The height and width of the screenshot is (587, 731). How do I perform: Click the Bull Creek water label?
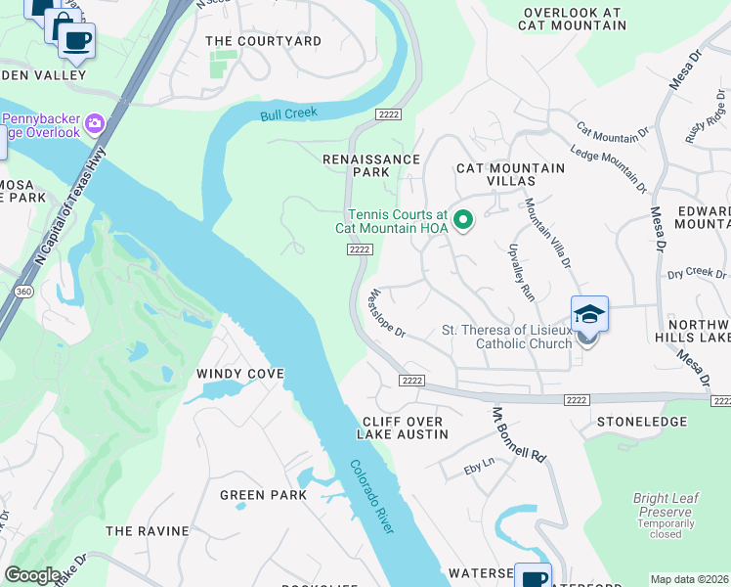pos(289,114)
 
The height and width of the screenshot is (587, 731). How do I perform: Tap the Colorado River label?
pos(371,496)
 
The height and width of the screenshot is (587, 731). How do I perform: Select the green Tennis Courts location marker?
pos(465,219)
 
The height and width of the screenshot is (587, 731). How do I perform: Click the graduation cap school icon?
pos(589,315)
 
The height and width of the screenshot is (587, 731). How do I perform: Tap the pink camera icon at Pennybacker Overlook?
pos(95,123)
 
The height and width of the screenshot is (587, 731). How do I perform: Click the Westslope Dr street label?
pos(385,312)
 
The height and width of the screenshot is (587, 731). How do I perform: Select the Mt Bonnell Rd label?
pos(516,434)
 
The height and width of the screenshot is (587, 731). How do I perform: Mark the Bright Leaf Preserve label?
pos(666,504)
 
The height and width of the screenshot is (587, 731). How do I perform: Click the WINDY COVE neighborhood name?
pos(239,374)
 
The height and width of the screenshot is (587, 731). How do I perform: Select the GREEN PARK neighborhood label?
pos(263,495)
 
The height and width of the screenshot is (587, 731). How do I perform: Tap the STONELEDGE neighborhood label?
pos(640,422)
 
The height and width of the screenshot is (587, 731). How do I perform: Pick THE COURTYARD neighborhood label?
pos(263,41)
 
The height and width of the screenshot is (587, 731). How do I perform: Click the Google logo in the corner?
pos(32,575)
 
